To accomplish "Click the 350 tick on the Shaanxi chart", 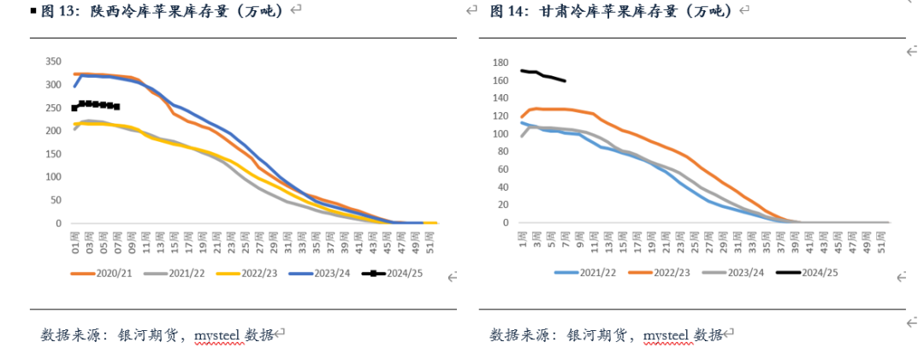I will [x=53, y=62].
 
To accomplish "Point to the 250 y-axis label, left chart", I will [x=53, y=108].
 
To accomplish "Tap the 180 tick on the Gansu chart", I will [x=500, y=63].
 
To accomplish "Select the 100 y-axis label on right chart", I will [x=500, y=134].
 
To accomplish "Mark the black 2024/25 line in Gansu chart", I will [x=543, y=75].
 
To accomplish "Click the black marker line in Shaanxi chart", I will [x=96, y=104].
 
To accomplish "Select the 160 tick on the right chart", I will [x=500, y=81].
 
